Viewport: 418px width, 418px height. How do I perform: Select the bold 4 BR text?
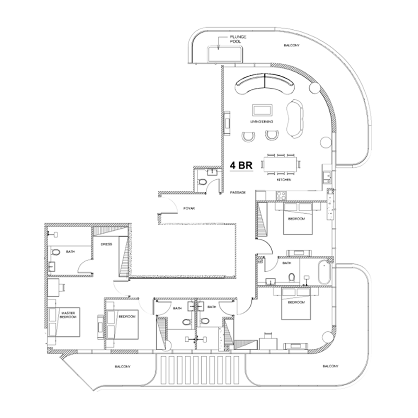(x=242, y=165)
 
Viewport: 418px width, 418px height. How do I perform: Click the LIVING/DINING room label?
(x=262, y=122)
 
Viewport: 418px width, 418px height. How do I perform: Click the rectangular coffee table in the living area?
(x=262, y=110)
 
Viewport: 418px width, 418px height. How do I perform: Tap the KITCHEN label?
(x=284, y=180)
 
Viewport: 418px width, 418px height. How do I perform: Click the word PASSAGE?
(x=238, y=193)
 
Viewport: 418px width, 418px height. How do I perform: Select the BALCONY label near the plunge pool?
(x=292, y=45)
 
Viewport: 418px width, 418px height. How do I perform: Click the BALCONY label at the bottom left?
(x=122, y=367)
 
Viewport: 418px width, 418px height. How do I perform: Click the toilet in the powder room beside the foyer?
(x=203, y=182)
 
